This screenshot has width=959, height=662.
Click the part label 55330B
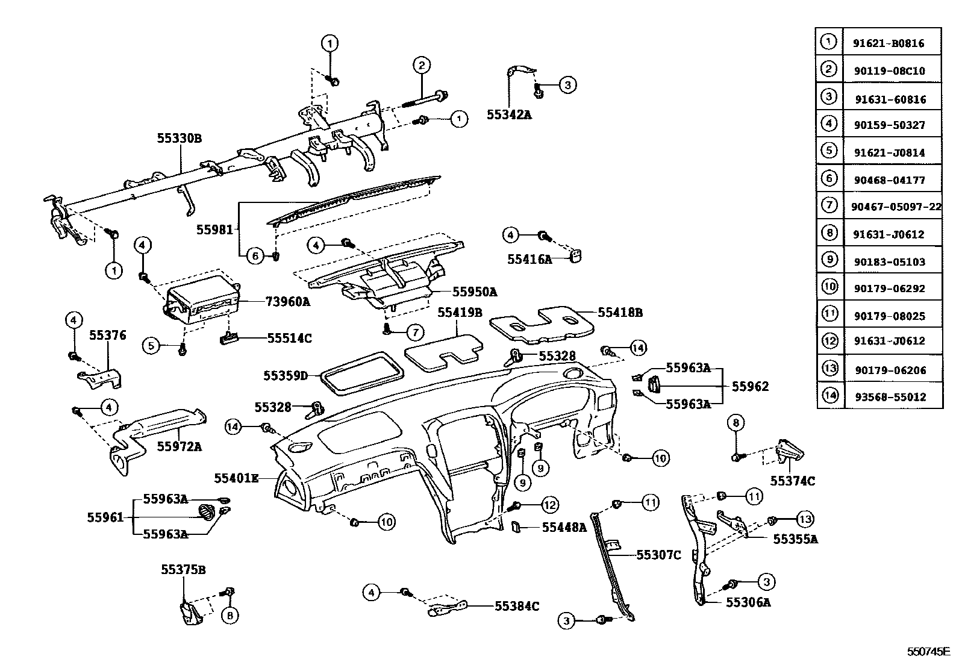point(180,139)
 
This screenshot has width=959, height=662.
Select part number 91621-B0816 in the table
point(888,43)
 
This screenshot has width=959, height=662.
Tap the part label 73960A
point(287,302)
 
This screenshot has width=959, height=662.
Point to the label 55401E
point(236,478)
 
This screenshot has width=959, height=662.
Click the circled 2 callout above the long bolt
point(421,66)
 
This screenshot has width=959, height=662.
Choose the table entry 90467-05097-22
point(896,207)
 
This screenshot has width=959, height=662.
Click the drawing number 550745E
point(928,652)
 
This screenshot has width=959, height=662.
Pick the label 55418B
point(620,313)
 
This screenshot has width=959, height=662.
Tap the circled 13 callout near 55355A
point(805,519)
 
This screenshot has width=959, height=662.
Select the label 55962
point(750,387)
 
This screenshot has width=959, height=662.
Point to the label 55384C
point(517,606)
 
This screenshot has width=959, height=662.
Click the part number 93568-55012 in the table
point(889,397)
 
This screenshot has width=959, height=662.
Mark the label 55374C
point(793,481)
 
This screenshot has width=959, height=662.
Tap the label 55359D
point(286,376)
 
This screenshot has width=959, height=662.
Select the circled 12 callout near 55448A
point(549,504)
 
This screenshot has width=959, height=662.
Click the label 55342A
point(509,114)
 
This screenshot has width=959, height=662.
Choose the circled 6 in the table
point(829,178)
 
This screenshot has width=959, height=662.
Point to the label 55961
point(105,517)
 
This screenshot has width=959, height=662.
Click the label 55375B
point(183,569)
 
